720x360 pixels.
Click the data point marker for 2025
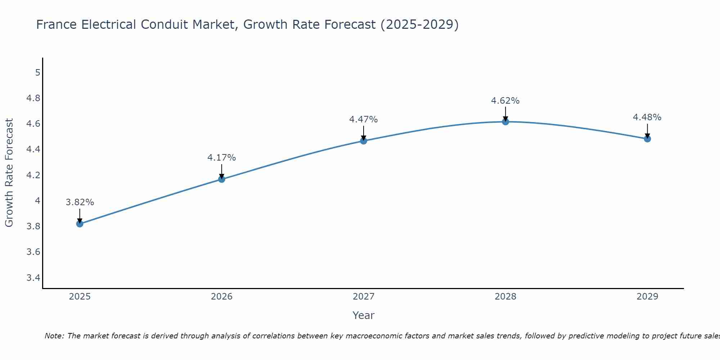click(x=80, y=224)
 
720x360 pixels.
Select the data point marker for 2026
click(x=221, y=179)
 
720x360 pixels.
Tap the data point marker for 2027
click(x=363, y=141)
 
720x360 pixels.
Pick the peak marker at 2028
click(x=505, y=122)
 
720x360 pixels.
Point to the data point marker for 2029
click(x=647, y=139)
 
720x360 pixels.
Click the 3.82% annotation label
click(x=80, y=202)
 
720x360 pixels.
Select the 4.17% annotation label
click(x=221, y=158)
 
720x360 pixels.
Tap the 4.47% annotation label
click(x=363, y=120)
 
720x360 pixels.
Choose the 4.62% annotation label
click(x=505, y=101)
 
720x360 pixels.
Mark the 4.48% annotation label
click(x=647, y=117)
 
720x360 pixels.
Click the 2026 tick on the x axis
click(x=221, y=297)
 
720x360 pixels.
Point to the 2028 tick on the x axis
click(x=505, y=297)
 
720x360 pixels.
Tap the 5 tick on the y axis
click(x=37, y=73)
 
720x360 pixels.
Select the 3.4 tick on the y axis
click(x=33, y=278)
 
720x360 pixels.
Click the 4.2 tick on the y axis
click(x=33, y=175)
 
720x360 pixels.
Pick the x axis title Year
click(x=363, y=315)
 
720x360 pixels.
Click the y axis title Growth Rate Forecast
click(x=9, y=173)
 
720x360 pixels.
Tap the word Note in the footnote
click(x=54, y=336)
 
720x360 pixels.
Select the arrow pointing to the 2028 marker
click(x=505, y=114)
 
